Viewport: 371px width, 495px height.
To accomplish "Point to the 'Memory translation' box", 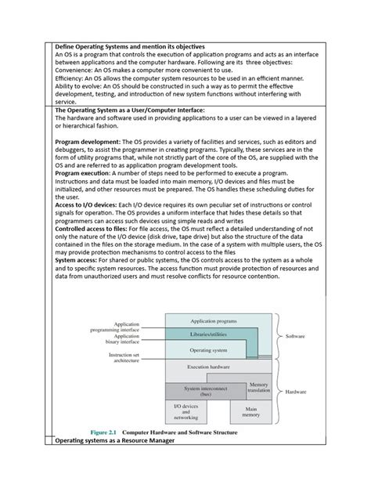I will pyautogui.click(x=258, y=388).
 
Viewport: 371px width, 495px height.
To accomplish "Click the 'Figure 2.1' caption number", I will pyautogui.click(x=107, y=432).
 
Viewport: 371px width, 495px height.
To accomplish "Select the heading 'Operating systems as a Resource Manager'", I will pyautogui.click(x=115, y=441).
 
